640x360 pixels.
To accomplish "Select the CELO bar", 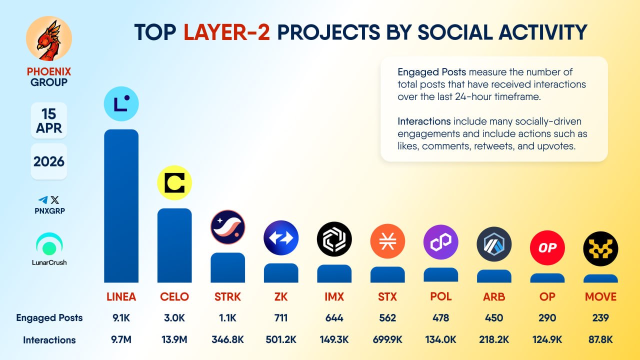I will click(174, 245).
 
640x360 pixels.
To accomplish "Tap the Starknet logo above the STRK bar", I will click(227, 227).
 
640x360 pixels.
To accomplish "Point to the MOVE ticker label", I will click(600, 296).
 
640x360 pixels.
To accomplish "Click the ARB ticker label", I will click(494, 296).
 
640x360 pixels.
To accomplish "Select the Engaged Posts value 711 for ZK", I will click(281, 318).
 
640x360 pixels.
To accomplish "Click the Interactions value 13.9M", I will click(174, 340).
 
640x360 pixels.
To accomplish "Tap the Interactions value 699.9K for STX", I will click(387, 340).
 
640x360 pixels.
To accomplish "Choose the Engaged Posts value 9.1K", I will click(121, 318).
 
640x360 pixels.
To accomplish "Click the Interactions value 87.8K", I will click(600, 340).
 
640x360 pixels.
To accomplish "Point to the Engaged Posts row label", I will click(49, 318).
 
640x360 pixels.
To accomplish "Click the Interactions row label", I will click(49, 340).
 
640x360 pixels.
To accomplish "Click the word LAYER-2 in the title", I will click(227, 32).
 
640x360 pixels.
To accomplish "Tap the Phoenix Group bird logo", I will click(48, 39).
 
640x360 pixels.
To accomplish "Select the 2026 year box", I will click(48, 161).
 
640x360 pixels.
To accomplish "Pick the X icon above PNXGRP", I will click(54, 199).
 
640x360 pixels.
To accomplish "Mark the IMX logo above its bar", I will click(334, 239).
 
